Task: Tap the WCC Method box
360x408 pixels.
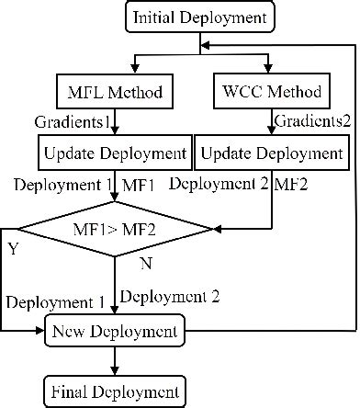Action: point(272,92)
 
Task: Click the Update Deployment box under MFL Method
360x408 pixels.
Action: point(101,152)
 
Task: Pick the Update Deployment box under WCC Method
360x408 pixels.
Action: point(272,152)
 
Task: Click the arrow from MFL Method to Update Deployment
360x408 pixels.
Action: point(114,121)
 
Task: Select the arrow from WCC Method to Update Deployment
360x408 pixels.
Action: point(272,121)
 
